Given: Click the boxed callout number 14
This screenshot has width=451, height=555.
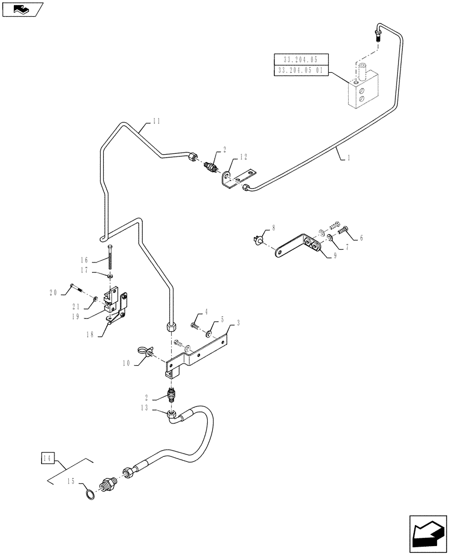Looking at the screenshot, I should click(x=47, y=458).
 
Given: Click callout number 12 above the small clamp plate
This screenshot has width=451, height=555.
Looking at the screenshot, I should click(x=242, y=158).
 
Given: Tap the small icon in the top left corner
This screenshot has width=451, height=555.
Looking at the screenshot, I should click(x=22, y=9).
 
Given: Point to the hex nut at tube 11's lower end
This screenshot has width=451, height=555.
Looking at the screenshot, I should click(x=171, y=326).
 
